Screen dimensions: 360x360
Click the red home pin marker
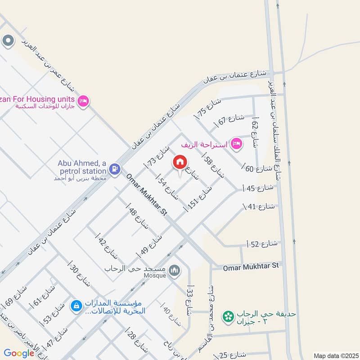pyautogui.click(x=180, y=162)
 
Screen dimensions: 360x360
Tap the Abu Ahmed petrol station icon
pyautogui.click(x=115, y=169)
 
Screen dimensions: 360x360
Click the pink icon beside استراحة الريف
pyautogui.click(x=236, y=144)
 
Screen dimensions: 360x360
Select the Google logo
pyautogui.click(x=19, y=353)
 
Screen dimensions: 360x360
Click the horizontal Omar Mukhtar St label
pyautogui.click(x=251, y=266)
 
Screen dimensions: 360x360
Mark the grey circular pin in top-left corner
pyautogui.click(x=8, y=41)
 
